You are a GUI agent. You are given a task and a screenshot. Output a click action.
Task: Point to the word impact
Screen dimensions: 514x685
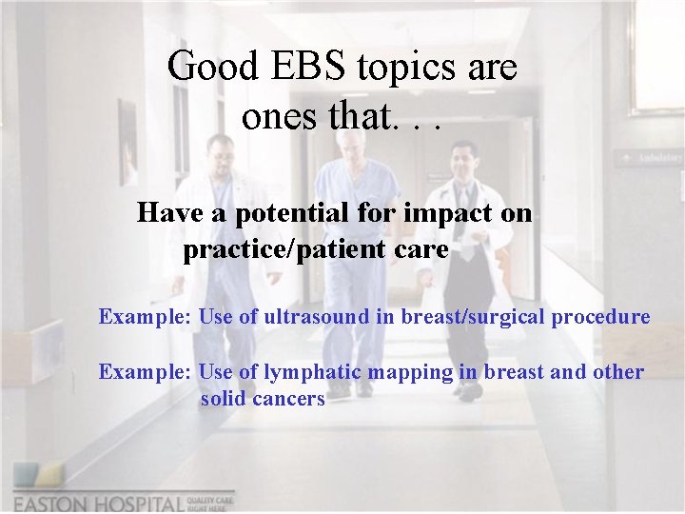tap(448, 213)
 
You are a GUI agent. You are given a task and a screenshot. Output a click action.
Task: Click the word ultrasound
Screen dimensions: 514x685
tap(303, 317)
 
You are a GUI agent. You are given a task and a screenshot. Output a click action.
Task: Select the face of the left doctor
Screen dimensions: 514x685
tap(222, 153)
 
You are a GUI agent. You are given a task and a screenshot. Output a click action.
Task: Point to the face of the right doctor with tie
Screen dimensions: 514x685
tap(463, 157)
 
